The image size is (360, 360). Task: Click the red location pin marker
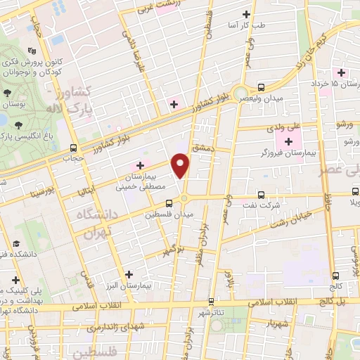181,165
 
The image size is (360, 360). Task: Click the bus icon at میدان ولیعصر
261,88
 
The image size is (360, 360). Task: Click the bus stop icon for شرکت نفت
261,195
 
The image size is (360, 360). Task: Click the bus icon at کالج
336,276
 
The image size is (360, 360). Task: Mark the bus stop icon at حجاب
74,148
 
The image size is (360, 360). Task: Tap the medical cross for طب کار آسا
246,14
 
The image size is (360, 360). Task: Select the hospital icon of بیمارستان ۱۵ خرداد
342,72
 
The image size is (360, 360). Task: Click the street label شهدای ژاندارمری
115,328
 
